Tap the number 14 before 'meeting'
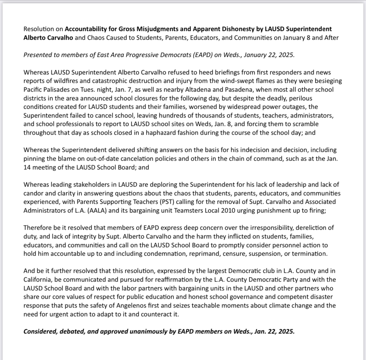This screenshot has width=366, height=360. [27, 167]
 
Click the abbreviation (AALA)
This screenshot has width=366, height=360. [96, 210]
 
